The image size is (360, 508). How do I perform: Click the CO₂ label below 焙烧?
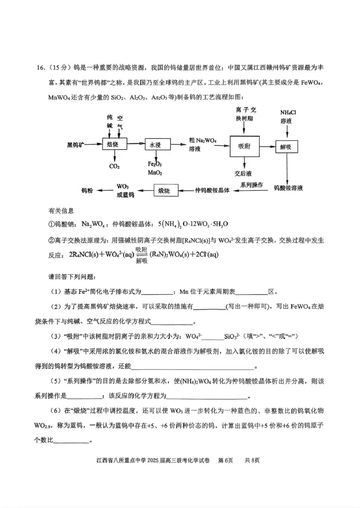point(114,166)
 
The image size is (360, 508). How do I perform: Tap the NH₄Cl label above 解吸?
point(288,112)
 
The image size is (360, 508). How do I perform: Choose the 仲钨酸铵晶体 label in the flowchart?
point(212,191)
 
